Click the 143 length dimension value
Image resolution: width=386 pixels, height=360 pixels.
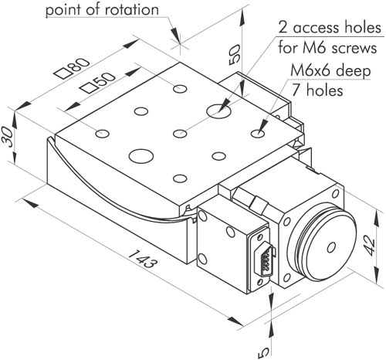(142, 259)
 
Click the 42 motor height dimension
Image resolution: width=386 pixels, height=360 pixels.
(370, 246)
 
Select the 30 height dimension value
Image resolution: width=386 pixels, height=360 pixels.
(7, 137)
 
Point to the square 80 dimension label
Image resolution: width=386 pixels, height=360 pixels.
(73, 67)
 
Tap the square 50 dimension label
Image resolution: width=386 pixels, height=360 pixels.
(98, 82)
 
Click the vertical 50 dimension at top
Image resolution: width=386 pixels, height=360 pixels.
(235, 54)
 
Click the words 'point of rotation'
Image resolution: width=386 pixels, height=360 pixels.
(102, 10)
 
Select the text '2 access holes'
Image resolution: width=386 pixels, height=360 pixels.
(330, 28)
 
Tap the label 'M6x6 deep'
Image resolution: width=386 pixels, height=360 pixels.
(330, 70)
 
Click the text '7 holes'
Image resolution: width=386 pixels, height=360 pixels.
(317, 90)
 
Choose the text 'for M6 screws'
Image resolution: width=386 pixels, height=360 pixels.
(327, 48)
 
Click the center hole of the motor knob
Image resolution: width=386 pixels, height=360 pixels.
(331, 247)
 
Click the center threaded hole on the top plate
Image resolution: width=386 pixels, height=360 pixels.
(180, 134)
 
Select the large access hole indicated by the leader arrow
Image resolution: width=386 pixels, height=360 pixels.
(218, 111)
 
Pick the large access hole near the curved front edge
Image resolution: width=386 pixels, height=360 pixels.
(141, 156)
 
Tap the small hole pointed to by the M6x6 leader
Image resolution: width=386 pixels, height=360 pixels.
(258, 134)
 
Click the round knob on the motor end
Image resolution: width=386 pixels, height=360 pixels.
(322, 241)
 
